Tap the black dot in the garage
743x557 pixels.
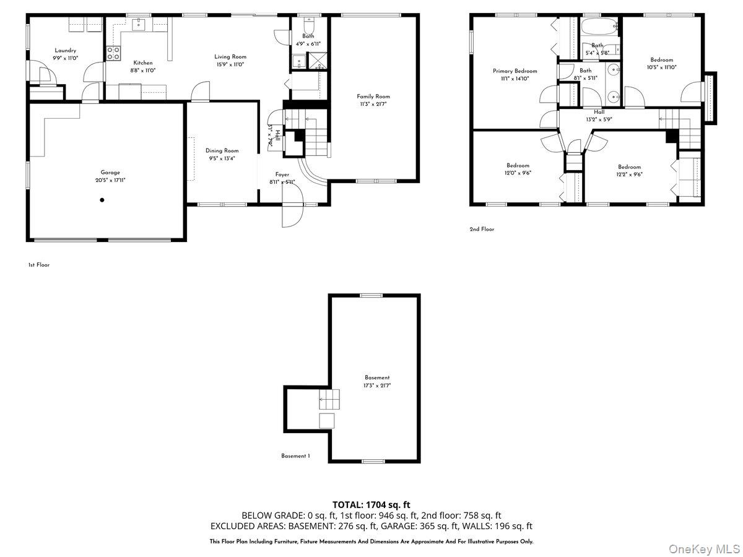click(x=102, y=200)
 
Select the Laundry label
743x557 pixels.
click(x=65, y=50)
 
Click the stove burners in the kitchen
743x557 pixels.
click(x=113, y=53)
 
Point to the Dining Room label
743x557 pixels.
click(x=222, y=150)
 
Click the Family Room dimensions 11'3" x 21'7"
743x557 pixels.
click(x=373, y=104)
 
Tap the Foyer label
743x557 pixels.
click(x=282, y=175)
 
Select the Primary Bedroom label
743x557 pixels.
click(x=515, y=71)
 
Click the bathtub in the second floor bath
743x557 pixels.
click(x=599, y=26)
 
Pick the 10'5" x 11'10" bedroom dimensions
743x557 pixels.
click(x=661, y=67)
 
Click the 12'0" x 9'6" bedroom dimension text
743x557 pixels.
click(x=518, y=173)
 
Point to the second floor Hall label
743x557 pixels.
click(x=599, y=112)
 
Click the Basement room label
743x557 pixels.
click(x=377, y=378)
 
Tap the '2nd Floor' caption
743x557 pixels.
click(x=482, y=229)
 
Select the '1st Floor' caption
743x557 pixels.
click(x=38, y=265)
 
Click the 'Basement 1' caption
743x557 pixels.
click(x=295, y=456)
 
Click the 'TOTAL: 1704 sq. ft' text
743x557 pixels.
click(x=371, y=505)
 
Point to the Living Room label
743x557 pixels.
click(x=230, y=57)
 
